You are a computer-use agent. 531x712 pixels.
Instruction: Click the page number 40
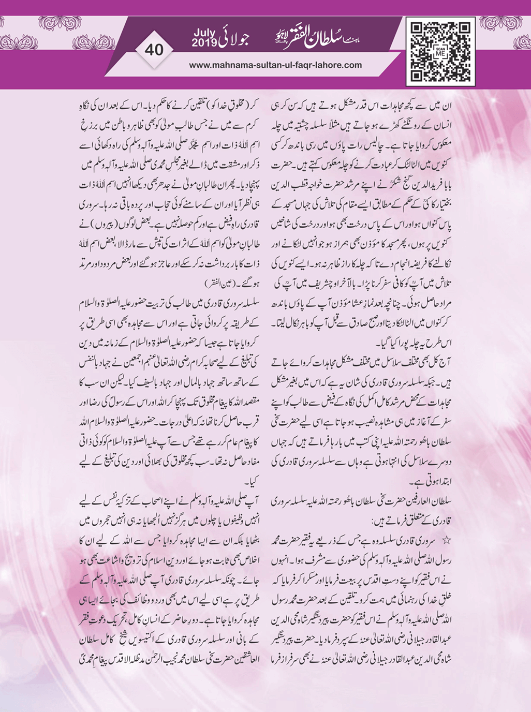154,50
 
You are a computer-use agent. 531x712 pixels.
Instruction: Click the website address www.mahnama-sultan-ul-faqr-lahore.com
276,65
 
